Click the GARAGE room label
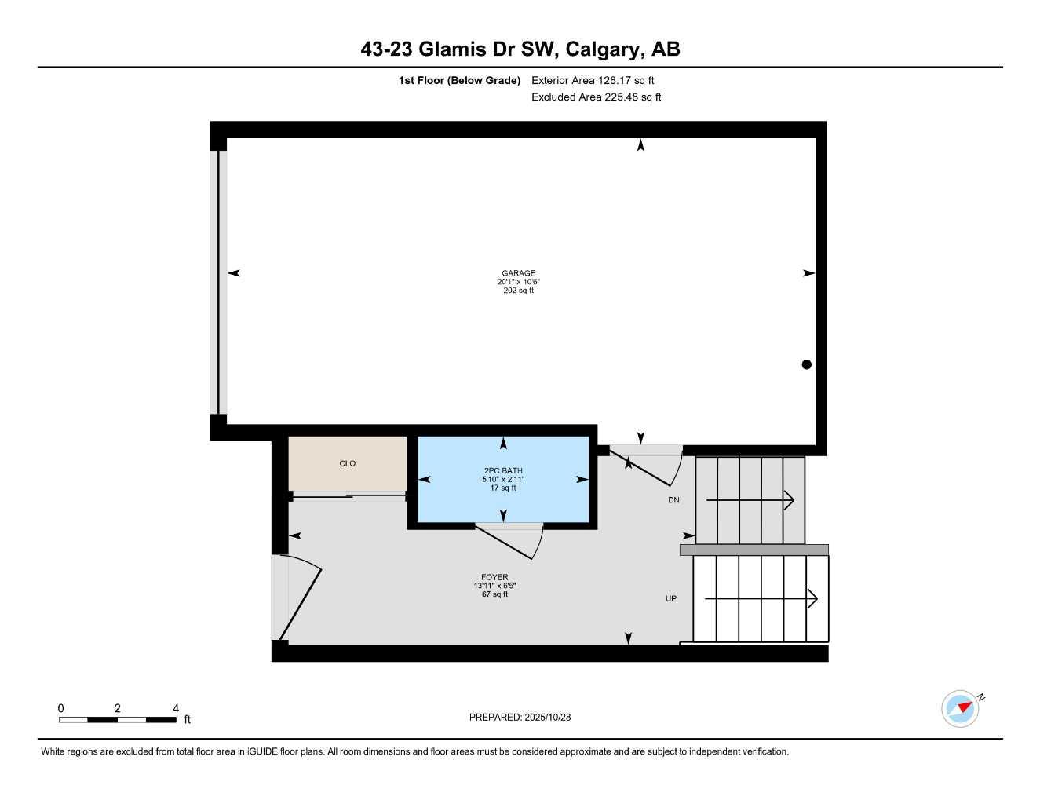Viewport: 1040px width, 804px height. click(x=518, y=273)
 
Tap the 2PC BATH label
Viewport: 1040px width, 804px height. click(x=503, y=471)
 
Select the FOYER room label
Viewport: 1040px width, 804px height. click(x=494, y=577)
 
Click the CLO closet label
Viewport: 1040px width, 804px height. click(x=348, y=463)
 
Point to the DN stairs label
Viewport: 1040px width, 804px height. click(x=673, y=500)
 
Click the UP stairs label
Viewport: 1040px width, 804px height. click(x=671, y=598)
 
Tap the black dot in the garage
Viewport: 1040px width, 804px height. click(x=806, y=364)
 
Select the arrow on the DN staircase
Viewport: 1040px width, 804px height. click(x=750, y=501)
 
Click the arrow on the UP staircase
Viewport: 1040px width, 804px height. click(x=761, y=599)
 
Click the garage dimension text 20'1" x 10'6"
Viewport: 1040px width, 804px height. click(x=518, y=282)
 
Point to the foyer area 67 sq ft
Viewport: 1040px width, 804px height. click(x=494, y=594)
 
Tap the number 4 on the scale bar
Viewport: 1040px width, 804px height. click(x=176, y=708)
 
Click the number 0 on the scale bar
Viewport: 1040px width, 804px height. click(x=60, y=708)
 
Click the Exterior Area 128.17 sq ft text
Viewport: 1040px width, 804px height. click(x=593, y=80)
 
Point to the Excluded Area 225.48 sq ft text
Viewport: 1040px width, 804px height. click(x=597, y=97)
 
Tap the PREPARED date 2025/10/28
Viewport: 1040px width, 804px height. click(x=548, y=718)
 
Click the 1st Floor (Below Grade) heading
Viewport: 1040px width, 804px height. click(x=459, y=80)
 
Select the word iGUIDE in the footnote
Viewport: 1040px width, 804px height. click(x=263, y=752)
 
